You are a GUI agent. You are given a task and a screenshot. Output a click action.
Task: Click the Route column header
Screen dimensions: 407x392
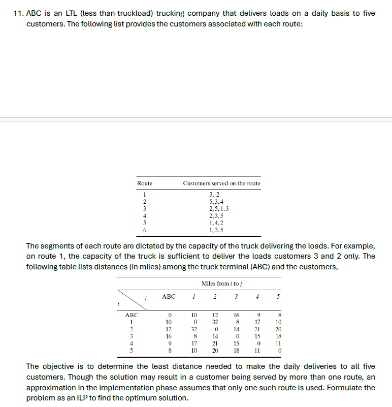click(145, 183)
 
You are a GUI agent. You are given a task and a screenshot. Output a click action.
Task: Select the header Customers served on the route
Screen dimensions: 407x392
click(221, 183)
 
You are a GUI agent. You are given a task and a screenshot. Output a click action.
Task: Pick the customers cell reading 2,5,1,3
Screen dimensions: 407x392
click(219, 208)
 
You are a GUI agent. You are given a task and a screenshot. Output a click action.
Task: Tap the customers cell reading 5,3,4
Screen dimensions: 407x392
click(216, 201)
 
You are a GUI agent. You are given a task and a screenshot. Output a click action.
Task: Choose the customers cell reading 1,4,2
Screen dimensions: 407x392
click(216, 223)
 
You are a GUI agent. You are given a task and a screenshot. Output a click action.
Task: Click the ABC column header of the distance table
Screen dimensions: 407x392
click(169, 296)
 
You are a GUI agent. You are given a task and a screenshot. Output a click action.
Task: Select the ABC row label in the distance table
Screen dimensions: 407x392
click(132, 315)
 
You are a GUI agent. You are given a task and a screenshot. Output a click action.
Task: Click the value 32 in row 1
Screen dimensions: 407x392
click(215, 322)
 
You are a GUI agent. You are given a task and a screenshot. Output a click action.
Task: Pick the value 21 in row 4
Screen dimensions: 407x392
click(215, 343)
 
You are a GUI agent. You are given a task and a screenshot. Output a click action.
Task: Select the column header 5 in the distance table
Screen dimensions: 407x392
click(278, 296)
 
